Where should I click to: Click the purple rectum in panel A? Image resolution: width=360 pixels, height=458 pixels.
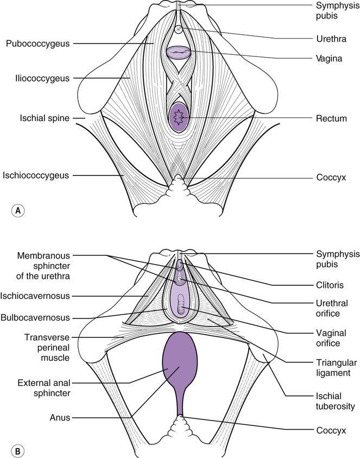[179, 117]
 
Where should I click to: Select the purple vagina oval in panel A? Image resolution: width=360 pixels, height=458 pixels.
[179, 52]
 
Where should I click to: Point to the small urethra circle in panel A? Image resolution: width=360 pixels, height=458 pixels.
[180, 30]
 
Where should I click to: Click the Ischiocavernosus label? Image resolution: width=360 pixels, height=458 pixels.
[38, 296]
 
